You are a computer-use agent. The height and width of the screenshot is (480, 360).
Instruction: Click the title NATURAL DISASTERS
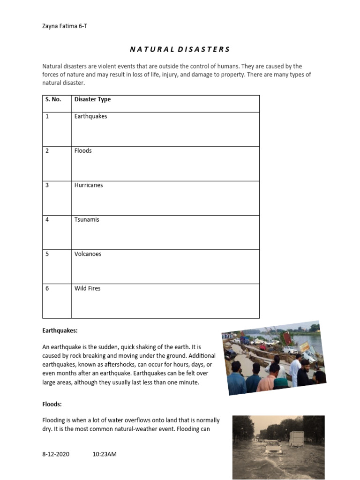click(x=180, y=49)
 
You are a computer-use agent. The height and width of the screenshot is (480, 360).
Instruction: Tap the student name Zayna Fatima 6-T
click(x=64, y=26)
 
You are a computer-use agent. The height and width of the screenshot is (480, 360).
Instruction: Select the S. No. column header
click(x=53, y=99)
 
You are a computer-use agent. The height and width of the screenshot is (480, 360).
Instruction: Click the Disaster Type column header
click(x=92, y=99)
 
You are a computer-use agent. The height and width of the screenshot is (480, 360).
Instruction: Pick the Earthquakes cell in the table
click(x=90, y=116)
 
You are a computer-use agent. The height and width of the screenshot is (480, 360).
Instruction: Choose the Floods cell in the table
click(x=83, y=150)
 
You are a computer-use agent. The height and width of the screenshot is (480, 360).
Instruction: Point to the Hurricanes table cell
click(x=89, y=185)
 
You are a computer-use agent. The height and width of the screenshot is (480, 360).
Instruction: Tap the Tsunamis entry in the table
click(x=87, y=219)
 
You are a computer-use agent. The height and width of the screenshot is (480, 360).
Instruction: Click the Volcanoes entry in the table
click(x=88, y=254)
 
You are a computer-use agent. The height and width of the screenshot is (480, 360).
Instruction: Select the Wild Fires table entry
click(x=87, y=288)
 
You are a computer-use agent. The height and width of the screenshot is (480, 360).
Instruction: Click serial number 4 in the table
click(x=47, y=219)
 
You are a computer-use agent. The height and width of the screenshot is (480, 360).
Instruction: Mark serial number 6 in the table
click(x=47, y=288)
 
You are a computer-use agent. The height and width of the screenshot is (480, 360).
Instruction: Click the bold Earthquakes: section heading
click(x=60, y=330)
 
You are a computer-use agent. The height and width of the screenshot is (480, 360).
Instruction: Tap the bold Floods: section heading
click(x=52, y=404)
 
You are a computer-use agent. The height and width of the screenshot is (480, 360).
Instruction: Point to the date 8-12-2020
click(x=56, y=454)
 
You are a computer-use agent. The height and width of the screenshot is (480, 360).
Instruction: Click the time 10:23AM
click(x=105, y=454)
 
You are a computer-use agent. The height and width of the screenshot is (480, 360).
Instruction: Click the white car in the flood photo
click(x=273, y=448)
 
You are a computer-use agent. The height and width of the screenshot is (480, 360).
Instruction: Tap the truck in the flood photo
click(x=296, y=439)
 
